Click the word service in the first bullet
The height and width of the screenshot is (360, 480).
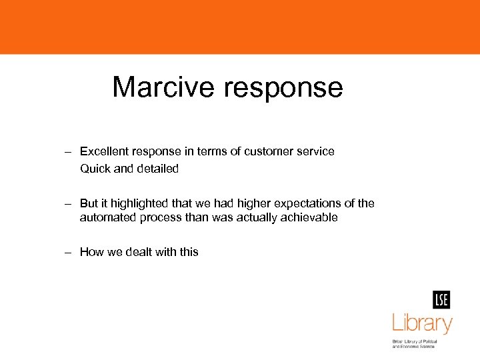point(315,151)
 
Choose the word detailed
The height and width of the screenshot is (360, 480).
point(158,169)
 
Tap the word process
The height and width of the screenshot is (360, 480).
point(159,218)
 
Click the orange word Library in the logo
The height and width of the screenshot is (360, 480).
point(422,324)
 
